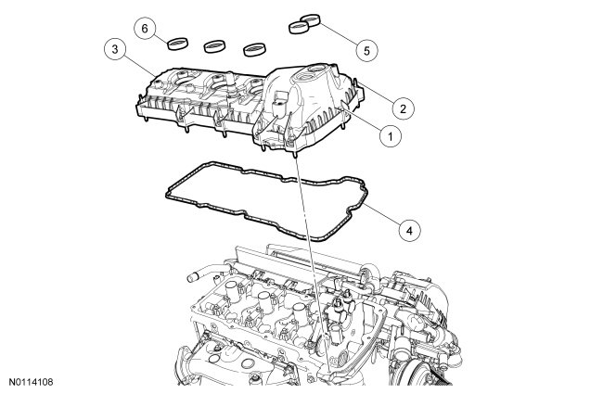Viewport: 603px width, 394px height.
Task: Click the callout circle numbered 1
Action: point(391,136)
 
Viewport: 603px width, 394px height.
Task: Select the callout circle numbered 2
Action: point(403,108)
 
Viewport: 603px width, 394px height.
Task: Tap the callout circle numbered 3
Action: point(115,49)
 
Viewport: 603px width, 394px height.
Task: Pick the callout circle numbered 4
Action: point(409,231)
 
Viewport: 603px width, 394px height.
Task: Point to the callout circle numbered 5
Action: point(366,50)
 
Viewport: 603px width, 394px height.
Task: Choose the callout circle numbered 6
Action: point(145,29)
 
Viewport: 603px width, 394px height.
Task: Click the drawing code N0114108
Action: point(31,382)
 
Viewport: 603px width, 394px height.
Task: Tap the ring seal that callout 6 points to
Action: point(178,44)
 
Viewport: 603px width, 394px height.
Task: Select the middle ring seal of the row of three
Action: point(214,46)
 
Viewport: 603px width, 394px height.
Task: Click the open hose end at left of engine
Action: point(192,278)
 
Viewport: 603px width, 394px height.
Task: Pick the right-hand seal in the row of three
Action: point(254,49)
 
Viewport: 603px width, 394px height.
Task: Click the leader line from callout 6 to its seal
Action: point(161,38)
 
